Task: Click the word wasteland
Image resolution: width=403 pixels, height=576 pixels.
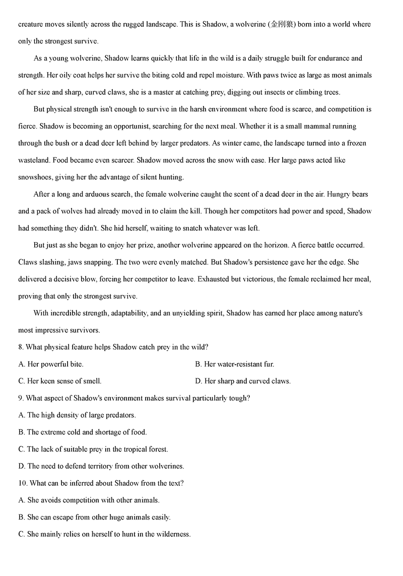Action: click(x=35, y=160)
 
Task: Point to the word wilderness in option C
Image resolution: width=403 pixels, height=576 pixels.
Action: click(x=172, y=534)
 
